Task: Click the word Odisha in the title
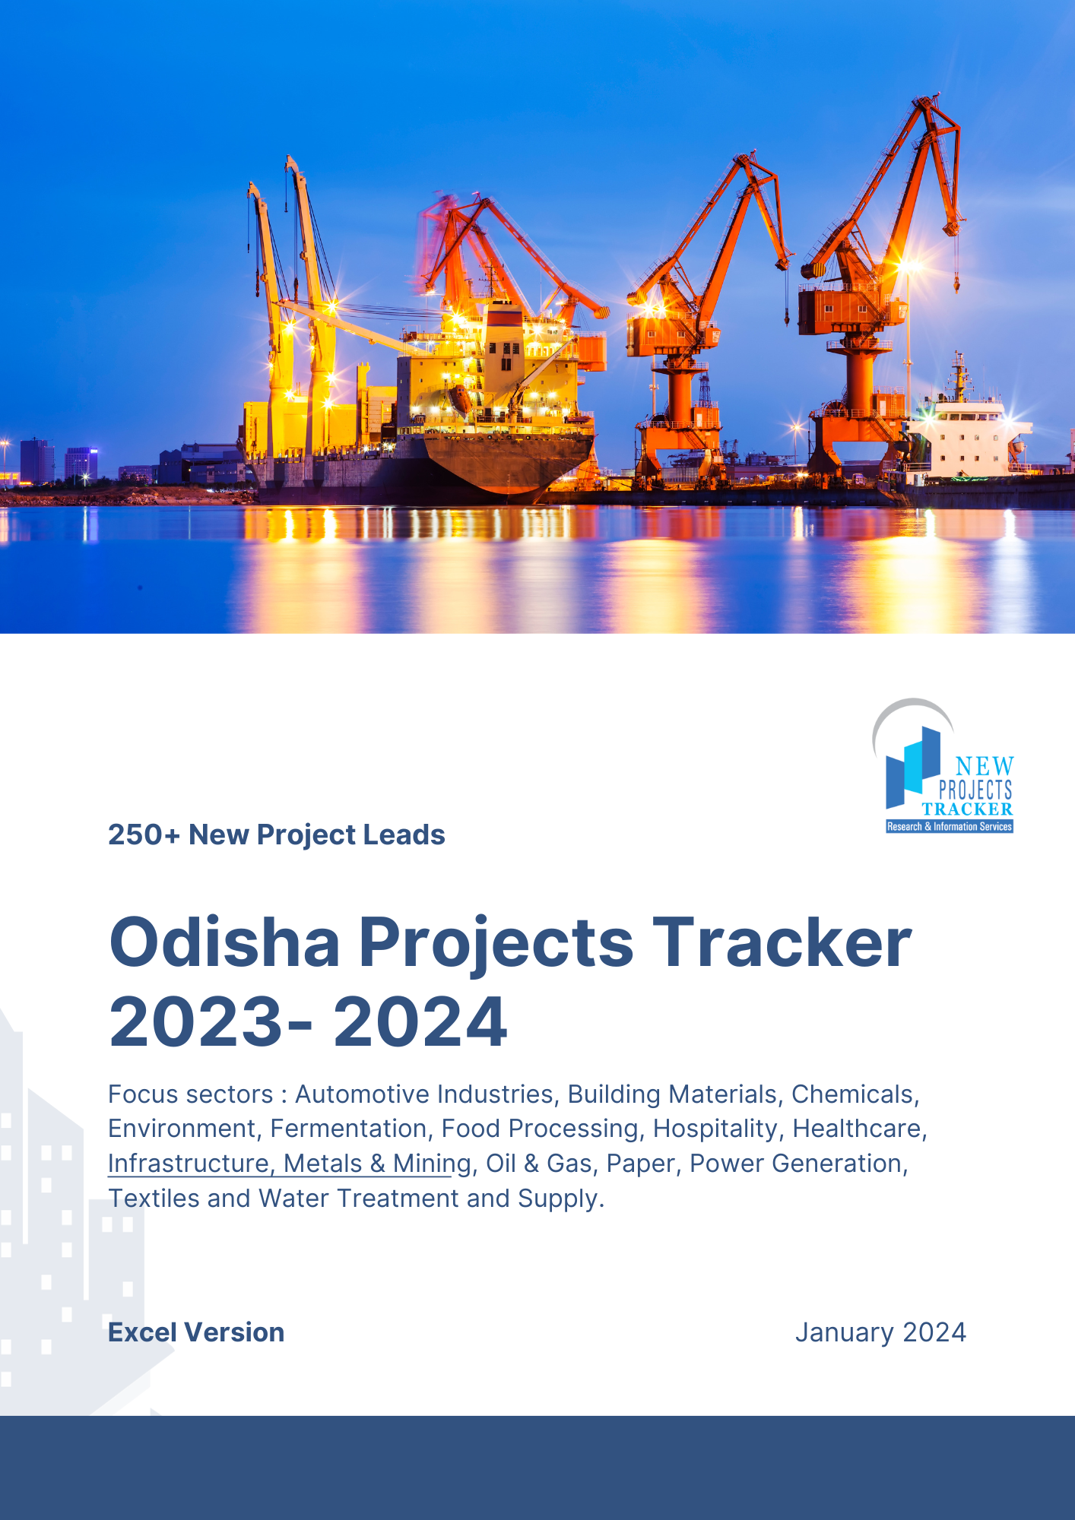(x=224, y=942)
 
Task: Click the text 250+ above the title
(x=144, y=834)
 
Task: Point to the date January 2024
(x=880, y=1332)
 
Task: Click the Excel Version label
(x=196, y=1332)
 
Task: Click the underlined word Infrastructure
(x=189, y=1164)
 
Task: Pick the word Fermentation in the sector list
(x=348, y=1129)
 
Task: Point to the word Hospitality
(x=715, y=1129)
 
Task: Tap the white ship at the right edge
(x=966, y=441)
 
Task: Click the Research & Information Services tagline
(x=949, y=826)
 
